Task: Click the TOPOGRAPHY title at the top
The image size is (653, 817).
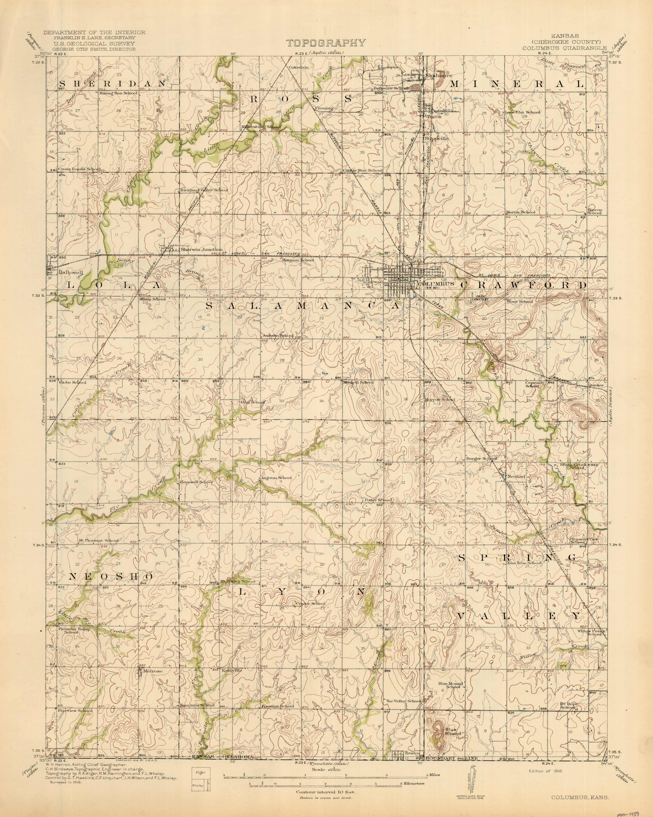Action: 326,42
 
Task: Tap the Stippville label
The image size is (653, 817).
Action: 437,139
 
